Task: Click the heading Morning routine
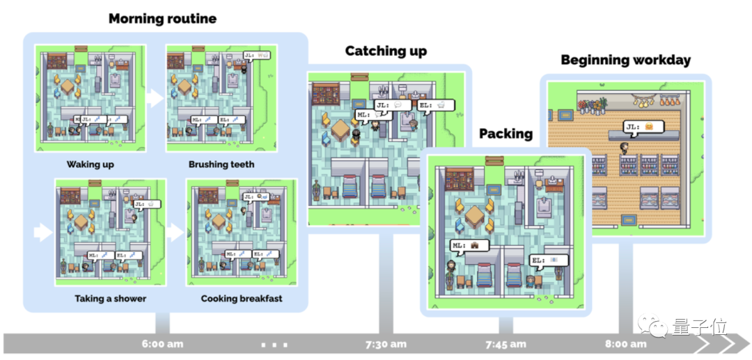click(162, 18)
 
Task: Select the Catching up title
click(386, 51)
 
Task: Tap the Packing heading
click(506, 133)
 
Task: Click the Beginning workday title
click(625, 60)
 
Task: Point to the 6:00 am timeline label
click(162, 343)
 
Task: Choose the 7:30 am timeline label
click(385, 343)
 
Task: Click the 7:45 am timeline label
click(506, 343)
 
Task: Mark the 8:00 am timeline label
click(625, 343)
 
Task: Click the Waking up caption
click(91, 165)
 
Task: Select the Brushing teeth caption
click(221, 165)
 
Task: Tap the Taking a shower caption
click(110, 299)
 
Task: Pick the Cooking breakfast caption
click(242, 299)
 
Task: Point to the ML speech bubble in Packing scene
click(469, 245)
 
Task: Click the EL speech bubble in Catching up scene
click(437, 105)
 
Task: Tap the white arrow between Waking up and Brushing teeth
click(155, 98)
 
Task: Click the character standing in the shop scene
click(624, 149)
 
